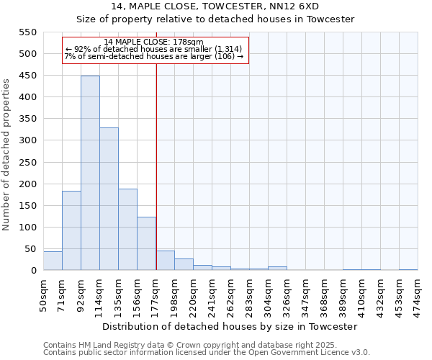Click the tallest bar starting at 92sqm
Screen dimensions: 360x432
click(90, 173)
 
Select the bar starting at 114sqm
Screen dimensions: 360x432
click(109, 199)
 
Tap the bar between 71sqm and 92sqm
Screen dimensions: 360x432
click(71, 230)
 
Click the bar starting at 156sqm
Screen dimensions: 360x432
click(146, 243)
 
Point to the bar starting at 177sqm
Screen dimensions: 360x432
click(165, 261)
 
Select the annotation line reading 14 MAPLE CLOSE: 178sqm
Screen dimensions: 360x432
click(154, 42)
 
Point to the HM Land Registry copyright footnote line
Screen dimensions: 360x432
click(205, 345)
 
